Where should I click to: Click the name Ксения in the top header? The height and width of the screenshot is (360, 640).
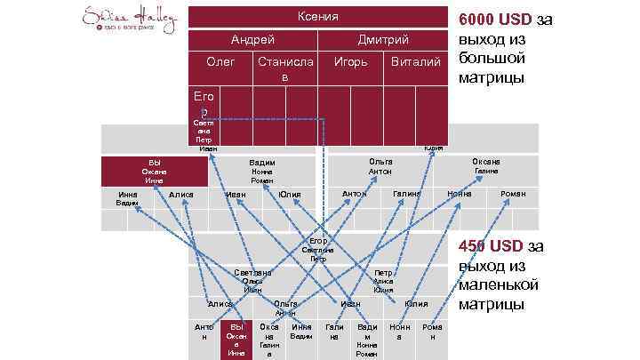tap(319, 18)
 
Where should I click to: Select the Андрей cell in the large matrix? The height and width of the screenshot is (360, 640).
tap(252, 40)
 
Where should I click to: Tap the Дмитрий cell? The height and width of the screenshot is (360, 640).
tap(383, 40)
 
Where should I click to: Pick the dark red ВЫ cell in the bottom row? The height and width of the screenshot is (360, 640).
tap(236, 340)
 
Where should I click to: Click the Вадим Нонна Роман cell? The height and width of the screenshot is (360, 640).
tap(261, 172)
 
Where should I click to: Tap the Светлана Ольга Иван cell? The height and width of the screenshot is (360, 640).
tap(253, 281)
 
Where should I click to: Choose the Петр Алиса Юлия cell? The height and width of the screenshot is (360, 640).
tap(383, 281)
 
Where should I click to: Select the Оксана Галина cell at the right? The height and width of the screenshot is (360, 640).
tap(485, 166)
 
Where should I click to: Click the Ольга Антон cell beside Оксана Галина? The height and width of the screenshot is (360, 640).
tap(381, 166)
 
